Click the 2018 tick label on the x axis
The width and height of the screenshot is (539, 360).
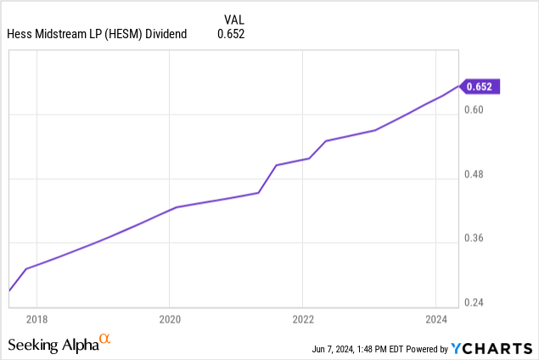[x=36, y=319]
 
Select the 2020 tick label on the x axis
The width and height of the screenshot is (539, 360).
[x=170, y=319]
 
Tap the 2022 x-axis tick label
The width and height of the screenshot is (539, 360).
[x=303, y=319]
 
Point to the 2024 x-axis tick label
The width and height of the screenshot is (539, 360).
[x=435, y=319]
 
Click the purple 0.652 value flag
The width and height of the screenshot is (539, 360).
[x=481, y=86]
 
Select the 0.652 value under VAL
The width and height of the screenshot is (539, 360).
[x=232, y=34]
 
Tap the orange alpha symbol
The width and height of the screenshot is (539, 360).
[x=105, y=340]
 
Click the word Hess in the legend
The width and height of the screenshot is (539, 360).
[x=19, y=34]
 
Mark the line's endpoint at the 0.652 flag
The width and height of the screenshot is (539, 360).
[x=458, y=86]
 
